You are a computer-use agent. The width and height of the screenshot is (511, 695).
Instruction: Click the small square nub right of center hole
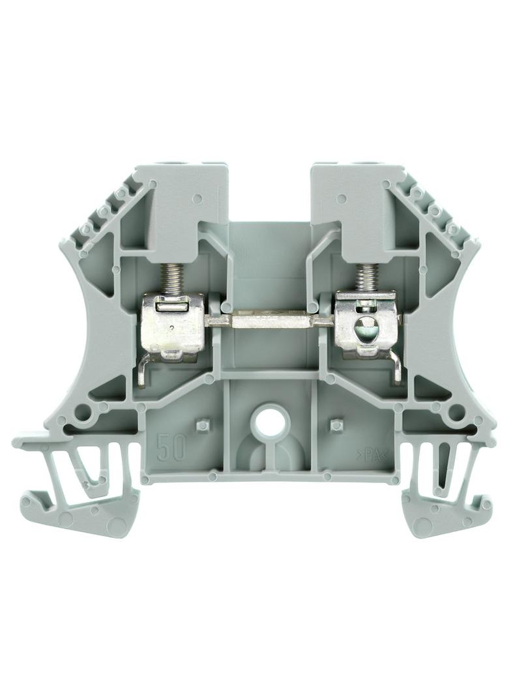point(336,423)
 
